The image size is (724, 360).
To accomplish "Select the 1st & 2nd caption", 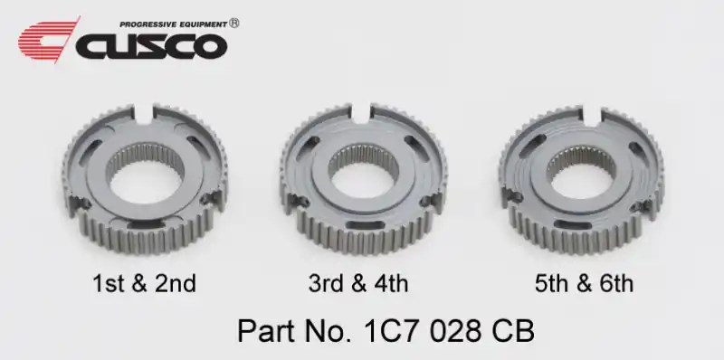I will (x=145, y=283).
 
